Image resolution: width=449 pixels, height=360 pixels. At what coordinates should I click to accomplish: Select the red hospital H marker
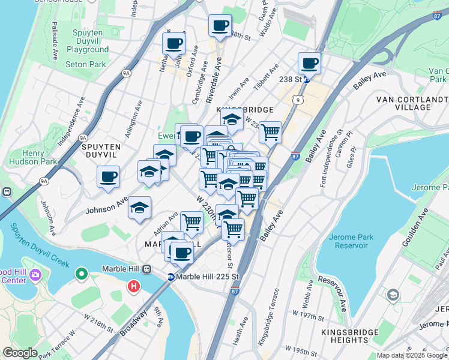[133, 287]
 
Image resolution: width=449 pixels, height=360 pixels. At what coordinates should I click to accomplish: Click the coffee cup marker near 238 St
[310, 63]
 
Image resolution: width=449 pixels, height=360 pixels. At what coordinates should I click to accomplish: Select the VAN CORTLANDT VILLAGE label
[412, 103]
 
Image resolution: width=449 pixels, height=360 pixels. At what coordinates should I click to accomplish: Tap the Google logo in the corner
[20, 352]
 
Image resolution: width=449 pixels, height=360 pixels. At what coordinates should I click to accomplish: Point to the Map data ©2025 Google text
[412, 355]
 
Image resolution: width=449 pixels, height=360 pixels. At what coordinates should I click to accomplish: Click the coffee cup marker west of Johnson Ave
[109, 177]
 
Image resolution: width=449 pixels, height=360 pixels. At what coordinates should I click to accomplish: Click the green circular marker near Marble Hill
[81, 275]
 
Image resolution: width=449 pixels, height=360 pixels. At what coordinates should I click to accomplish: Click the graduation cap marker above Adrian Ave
[140, 208]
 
